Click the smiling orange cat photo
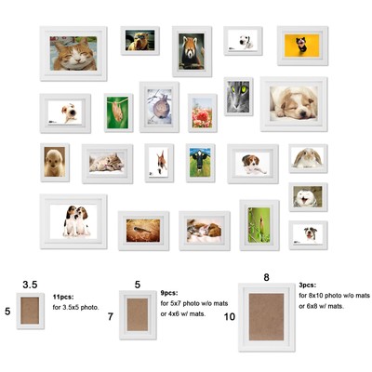tap(73, 53)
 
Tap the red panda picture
tap(192, 51)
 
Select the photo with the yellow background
tap(302, 46)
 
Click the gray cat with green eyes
tap(238, 97)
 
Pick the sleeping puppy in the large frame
tap(294, 103)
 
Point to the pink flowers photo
tap(202, 113)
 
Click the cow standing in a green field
tap(200, 163)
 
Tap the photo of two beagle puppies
tap(73, 221)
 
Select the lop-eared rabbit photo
tap(308, 158)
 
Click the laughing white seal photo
tap(308, 197)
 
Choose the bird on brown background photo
tap(143, 231)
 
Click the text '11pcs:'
tap(63, 297)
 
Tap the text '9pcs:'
tap(169, 293)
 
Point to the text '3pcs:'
tap(308, 285)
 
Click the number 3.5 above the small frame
tap(30, 285)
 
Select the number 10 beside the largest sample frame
tap(230, 316)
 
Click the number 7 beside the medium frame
tap(111, 316)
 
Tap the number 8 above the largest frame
tap(266, 277)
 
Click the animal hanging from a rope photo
tap(118, 113)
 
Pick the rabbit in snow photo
tap(159, 107)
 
